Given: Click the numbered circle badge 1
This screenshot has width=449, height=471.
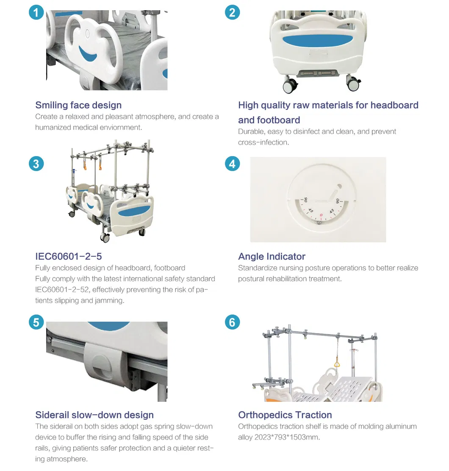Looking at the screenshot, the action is coord(36,12).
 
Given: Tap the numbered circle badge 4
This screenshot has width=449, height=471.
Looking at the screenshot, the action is coord(233,164).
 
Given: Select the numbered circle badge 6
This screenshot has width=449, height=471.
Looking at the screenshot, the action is coord(233,322).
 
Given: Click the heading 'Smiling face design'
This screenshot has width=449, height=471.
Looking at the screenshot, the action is coord(79,105).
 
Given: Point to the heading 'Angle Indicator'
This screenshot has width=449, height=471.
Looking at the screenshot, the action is coord(272,256).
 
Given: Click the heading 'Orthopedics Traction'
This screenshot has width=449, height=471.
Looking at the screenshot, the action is coord(285,415).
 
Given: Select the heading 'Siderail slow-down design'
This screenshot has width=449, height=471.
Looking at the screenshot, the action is coord(94,415).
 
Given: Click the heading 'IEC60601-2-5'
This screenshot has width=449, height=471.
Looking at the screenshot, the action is coord(69,256).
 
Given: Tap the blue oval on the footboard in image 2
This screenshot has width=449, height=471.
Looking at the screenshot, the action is coord(318,41).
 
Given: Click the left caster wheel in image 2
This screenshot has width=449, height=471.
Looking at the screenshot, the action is coord(290,85).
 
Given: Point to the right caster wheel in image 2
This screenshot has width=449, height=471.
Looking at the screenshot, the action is coord(353,83).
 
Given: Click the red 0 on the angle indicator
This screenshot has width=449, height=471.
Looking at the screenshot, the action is coord(321,215).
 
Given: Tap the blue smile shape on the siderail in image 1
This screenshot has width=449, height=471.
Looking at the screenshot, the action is coord(87,54).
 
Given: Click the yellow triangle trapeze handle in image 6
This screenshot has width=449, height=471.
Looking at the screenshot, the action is coord(337,364).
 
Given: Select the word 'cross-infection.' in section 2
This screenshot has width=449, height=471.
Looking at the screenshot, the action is coord(263,143).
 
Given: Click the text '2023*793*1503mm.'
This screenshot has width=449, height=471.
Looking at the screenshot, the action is coord(287,437).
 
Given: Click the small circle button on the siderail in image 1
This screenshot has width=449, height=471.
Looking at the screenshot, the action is coord(87,34).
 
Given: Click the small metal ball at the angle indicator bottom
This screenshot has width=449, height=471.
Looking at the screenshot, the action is coord(319,223).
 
